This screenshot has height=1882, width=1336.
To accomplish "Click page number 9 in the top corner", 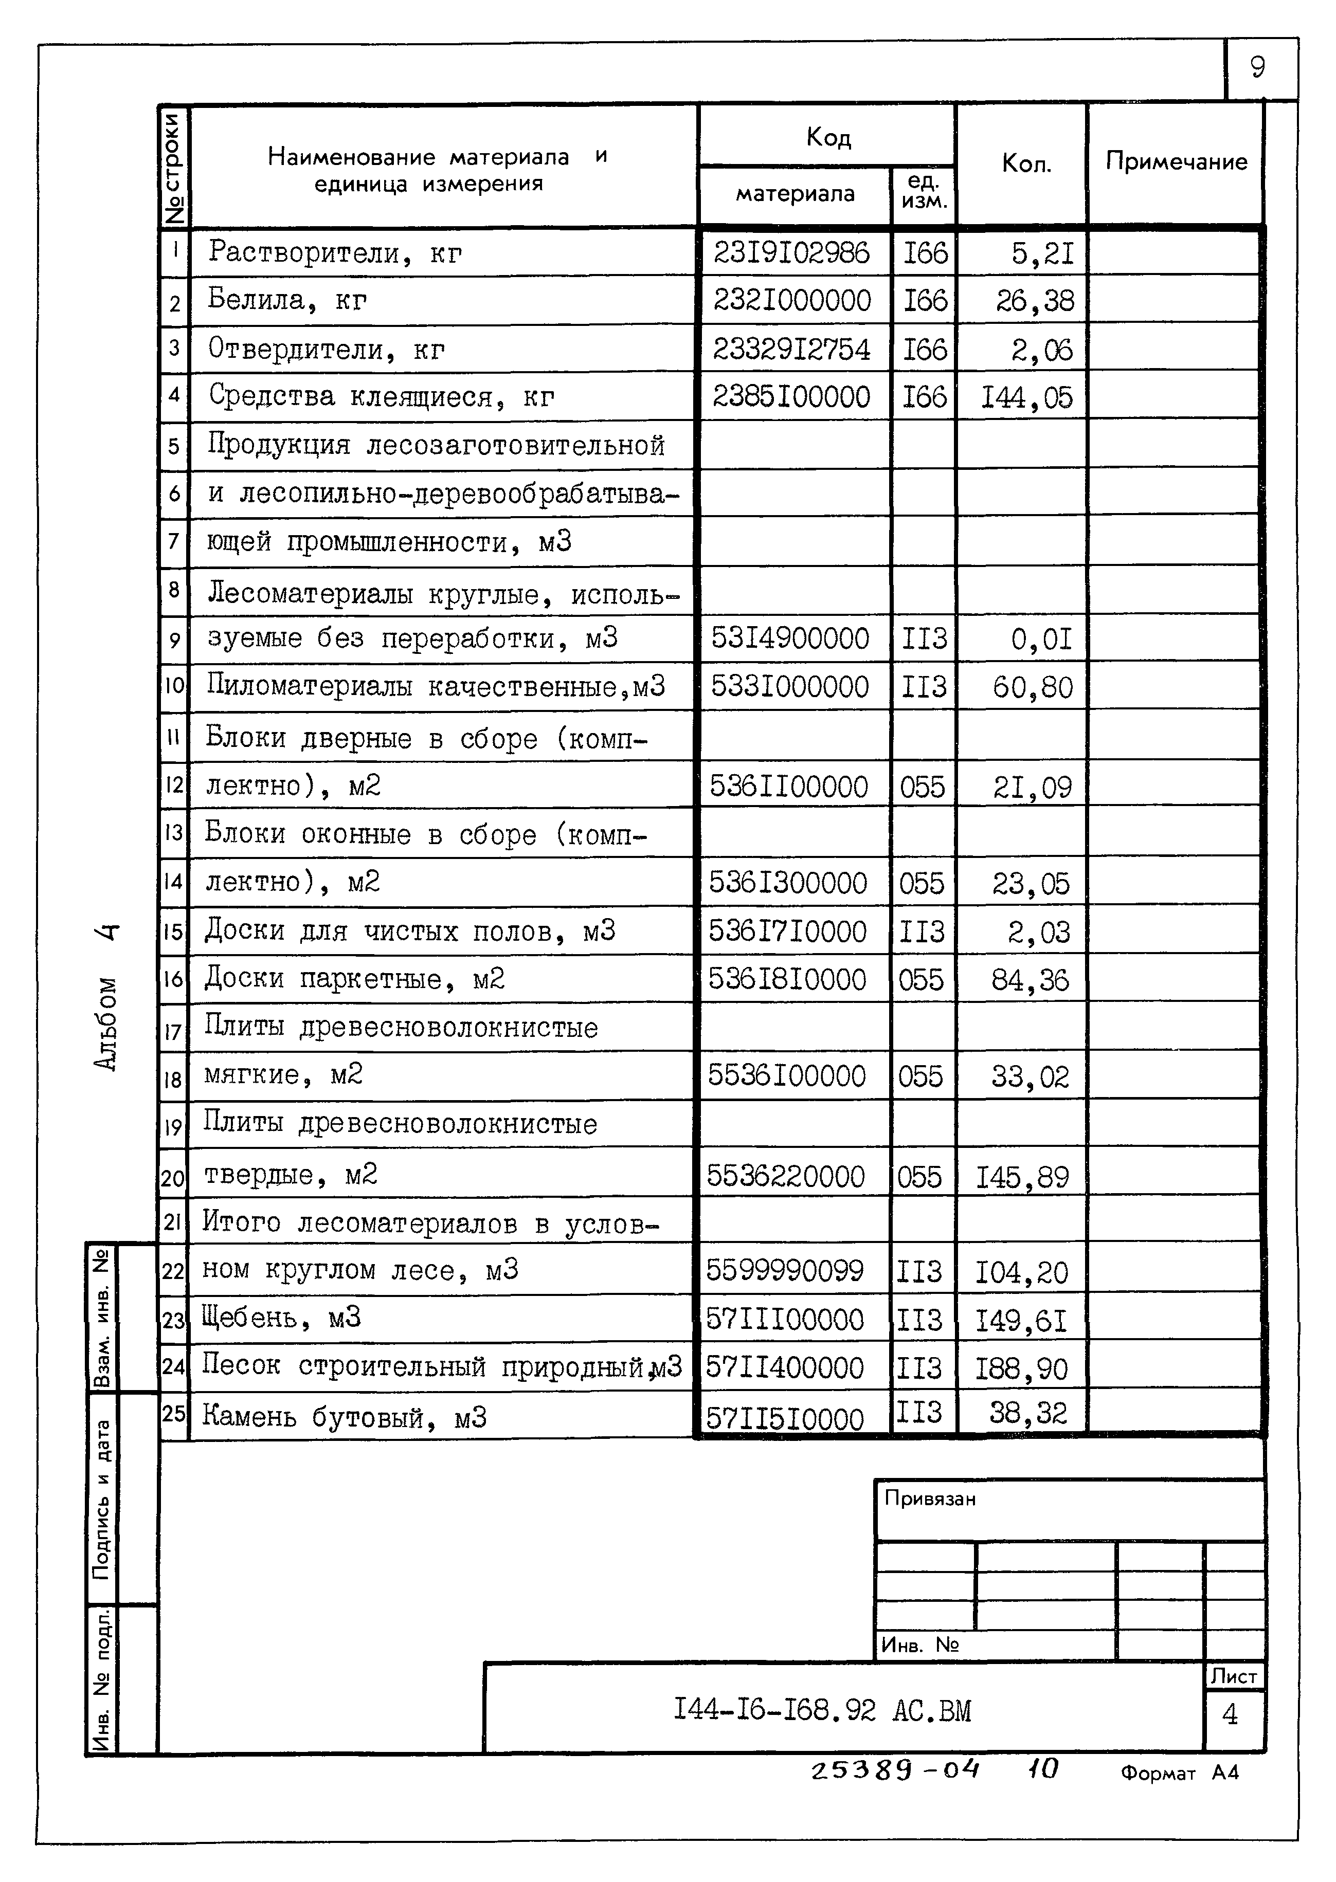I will click(x=1256, y=67).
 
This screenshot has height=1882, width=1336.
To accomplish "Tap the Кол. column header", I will click(x=1026, y=165).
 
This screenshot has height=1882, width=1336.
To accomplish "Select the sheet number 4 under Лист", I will click(x=1230, y=1714).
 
